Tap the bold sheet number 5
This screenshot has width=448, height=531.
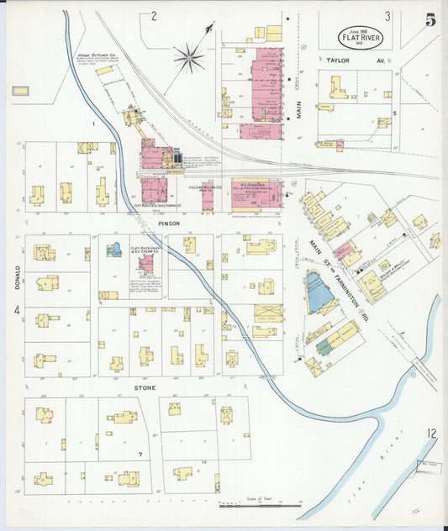[x=430, y=20]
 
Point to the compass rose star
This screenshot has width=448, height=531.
[x=188, y=58]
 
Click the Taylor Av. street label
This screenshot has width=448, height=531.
[x=344, y=60]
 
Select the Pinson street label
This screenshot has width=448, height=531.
[x=169, y=223]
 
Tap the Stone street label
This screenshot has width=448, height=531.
[x=146, y=389]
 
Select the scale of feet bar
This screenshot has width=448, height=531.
[x=260, y=505]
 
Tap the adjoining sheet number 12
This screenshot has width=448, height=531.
[x=430, y=434]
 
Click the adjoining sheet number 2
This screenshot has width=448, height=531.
[x=154, y=15]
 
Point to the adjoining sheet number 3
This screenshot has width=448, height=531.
[x=387, y=16]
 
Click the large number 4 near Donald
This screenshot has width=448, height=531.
[x=16, y=311]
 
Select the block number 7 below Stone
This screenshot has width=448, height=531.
[x=140, y=454]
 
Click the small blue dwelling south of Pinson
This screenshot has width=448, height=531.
[x=113, y=250]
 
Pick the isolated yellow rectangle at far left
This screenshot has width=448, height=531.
[x=21, y=90]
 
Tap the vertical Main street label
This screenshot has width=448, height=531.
[x=298, y=126]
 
